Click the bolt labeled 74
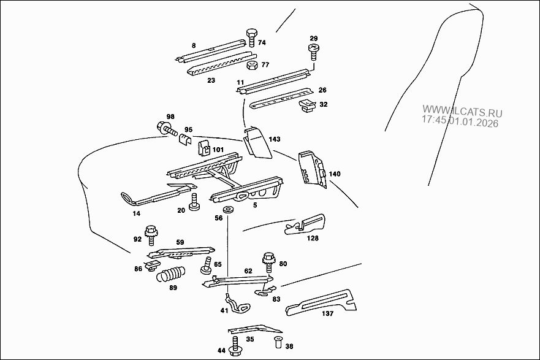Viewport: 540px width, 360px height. pyautogui.click(x=251, y=37)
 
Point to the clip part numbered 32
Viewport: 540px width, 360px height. pyautogui.click(x=306, y=107)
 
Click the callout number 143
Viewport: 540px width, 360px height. pyautogui.click(x=274, y=140)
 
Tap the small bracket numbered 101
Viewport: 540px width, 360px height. pyautogui.click(x=204, y=147)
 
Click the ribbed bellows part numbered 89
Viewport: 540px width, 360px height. pyautogui.click(x=171, y=274)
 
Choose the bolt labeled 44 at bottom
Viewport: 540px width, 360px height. pyautogui.click(x=235, y=349)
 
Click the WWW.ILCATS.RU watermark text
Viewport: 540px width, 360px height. pyautogui.click(x=462, y=113)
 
